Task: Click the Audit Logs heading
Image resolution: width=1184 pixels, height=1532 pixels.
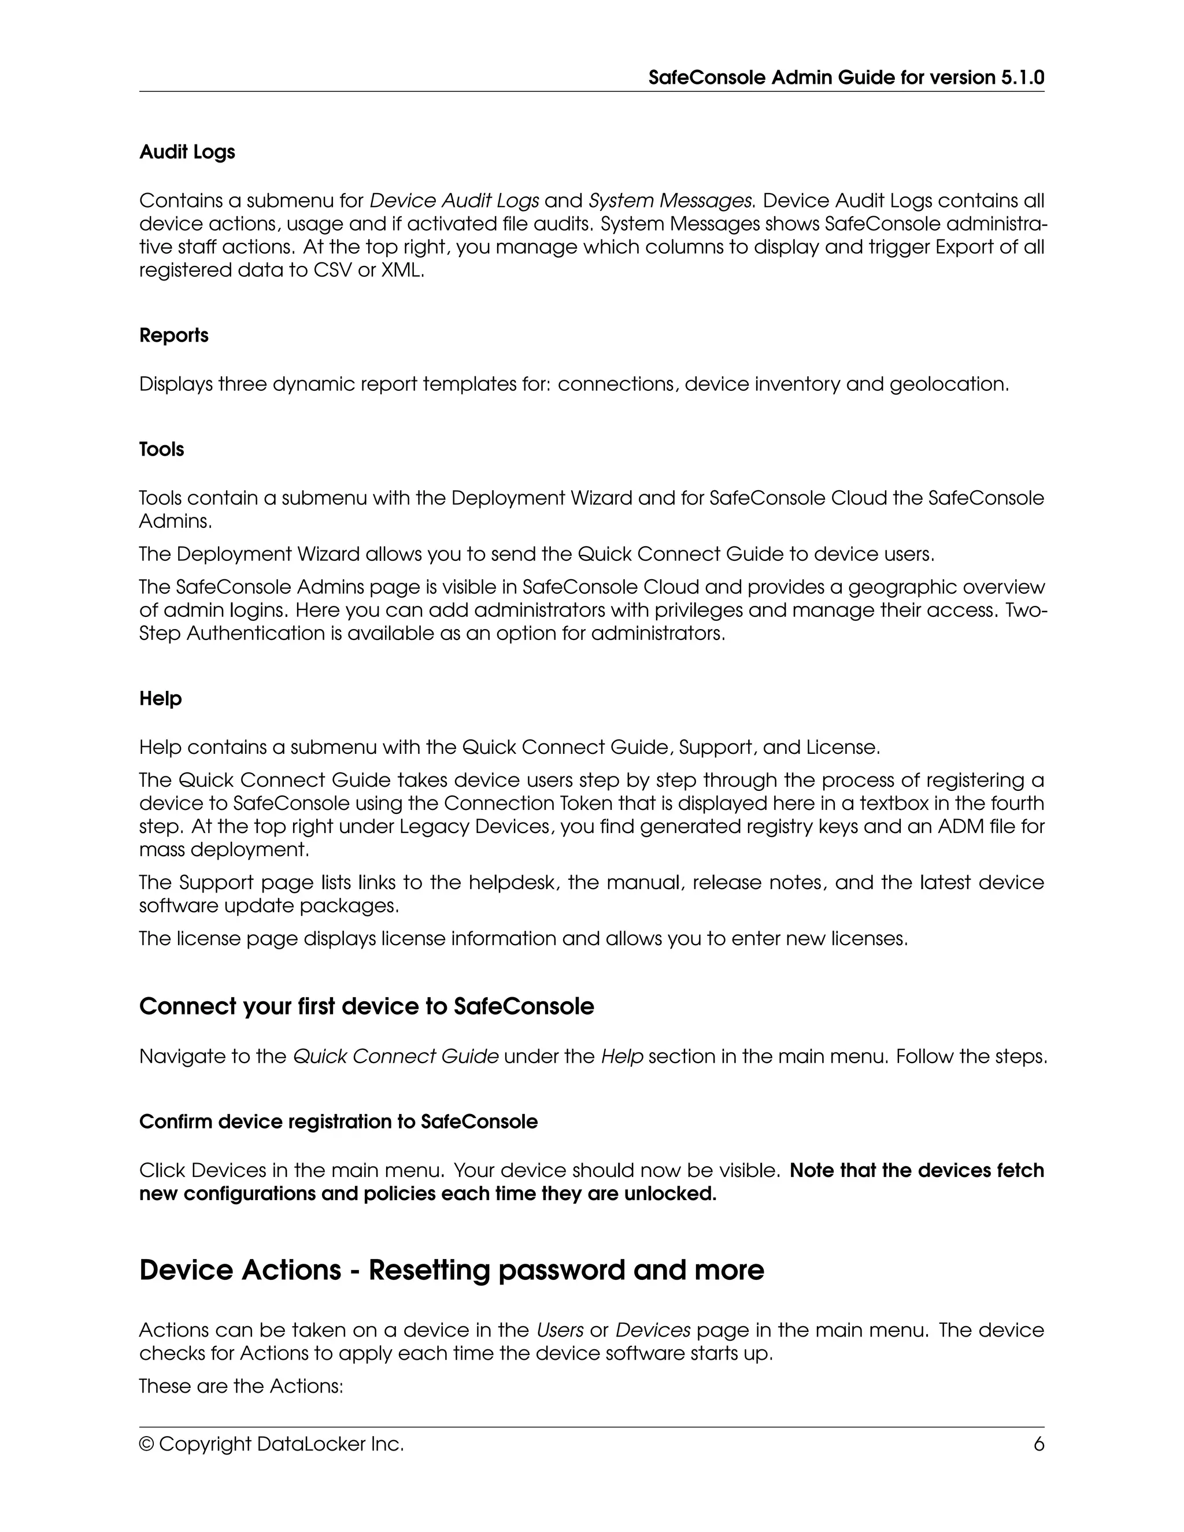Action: tap(187, 152)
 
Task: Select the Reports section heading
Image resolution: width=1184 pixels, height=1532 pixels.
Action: tap(173, 335)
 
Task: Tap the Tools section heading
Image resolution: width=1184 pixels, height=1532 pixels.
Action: tap(161, 450)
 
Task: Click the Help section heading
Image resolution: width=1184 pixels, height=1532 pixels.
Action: tap(160, 699)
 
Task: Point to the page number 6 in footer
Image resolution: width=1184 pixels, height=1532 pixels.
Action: tap(1038, 1444)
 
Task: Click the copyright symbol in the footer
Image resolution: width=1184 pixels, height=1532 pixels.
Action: tap(147, 1444)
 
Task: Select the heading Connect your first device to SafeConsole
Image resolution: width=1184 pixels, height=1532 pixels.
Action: tap(366, 1006)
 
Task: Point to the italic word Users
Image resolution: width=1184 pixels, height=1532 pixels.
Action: tap(560, 1330)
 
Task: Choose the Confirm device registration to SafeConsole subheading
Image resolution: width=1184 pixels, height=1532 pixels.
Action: tap(338, 1122)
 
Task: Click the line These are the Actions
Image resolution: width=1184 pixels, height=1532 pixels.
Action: tap(240, 1386)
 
